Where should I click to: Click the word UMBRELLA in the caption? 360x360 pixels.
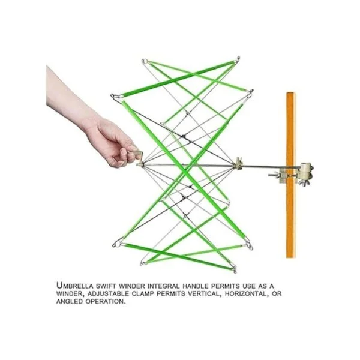point(75,286)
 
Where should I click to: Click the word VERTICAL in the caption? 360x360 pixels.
point(202,293)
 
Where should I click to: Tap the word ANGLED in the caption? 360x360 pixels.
point(70,301)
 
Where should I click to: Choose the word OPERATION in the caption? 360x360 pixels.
point(106,301)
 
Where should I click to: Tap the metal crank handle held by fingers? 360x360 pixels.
point(139,155)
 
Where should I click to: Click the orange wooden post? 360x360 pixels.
point(290,175)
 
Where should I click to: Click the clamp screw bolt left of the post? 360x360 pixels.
point(274,175)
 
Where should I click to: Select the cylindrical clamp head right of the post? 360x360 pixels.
point(307,170)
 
